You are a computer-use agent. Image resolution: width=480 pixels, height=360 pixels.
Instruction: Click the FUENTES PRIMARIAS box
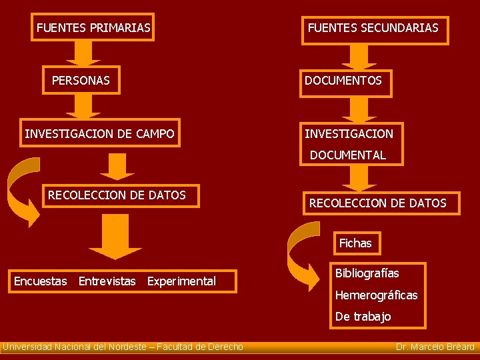tap(93, 28)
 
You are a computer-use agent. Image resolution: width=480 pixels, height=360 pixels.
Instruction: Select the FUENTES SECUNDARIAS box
tap(373, 29)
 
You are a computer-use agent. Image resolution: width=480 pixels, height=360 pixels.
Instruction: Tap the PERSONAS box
tap(81, 81)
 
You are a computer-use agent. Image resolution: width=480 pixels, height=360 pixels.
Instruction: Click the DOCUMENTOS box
tap(344, 81)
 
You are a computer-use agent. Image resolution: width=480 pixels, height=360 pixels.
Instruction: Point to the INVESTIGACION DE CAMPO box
tap(100, 134)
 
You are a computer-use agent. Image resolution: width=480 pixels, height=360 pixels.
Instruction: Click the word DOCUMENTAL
tap(348, 155)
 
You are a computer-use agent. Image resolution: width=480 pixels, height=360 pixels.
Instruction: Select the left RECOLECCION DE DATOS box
tap(117, 195)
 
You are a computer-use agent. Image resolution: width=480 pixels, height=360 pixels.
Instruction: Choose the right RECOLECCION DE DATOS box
tap(378, 203)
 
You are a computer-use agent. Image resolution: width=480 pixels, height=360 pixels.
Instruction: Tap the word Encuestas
tap(41, 281)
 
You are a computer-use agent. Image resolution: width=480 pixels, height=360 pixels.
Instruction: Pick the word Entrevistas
tap(107, 281)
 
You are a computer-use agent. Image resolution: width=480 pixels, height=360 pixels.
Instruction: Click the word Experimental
tap(181, 281)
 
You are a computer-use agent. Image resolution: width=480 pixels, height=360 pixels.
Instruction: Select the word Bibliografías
tap(367, 274)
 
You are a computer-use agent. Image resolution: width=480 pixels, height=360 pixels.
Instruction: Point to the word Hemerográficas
tap(377, 295)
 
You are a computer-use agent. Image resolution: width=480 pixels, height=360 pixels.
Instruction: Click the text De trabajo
tap(363, 317)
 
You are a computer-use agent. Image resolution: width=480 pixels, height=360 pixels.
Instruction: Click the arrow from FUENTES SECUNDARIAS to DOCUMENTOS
tap(359, 56)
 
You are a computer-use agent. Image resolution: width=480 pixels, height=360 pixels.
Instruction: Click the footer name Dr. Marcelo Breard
tap(435, 347)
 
